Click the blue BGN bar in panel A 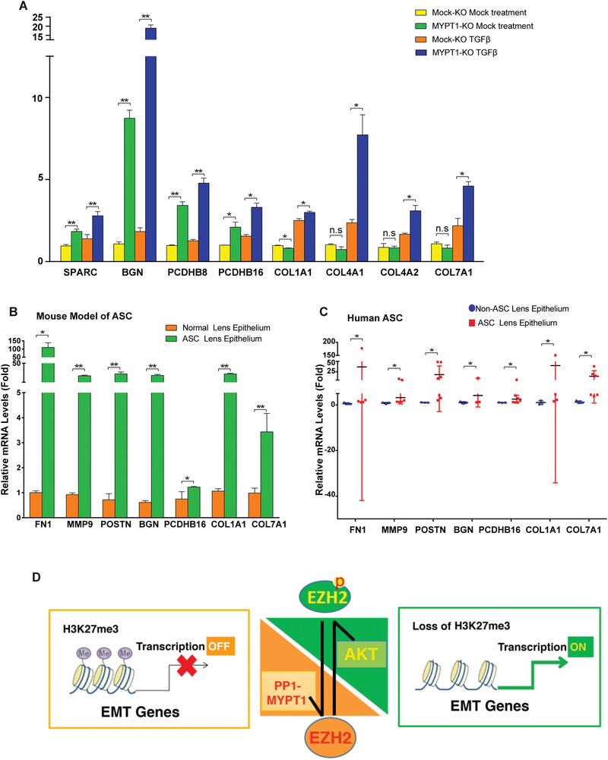pos(150,152)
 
